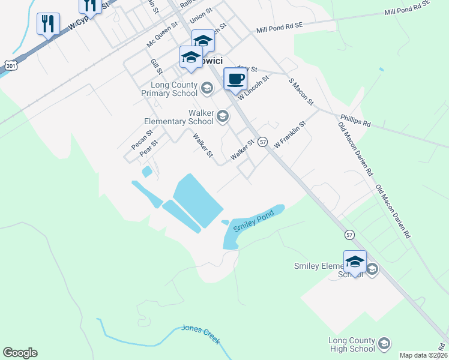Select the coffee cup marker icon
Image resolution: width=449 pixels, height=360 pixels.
(235, 79)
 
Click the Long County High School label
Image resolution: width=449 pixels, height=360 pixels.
(352, 344)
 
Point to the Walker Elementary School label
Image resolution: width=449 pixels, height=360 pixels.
(179, 117)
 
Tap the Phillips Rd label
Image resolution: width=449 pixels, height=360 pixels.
(355, 121)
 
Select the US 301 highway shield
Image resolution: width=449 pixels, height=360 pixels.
(10, 65)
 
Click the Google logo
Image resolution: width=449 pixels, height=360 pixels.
(20, 353)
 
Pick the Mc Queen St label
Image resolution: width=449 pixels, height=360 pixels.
(163, 35)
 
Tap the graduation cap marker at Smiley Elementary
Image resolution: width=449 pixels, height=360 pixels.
(355, 262)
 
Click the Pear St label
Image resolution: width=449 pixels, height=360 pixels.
(148, 148)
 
